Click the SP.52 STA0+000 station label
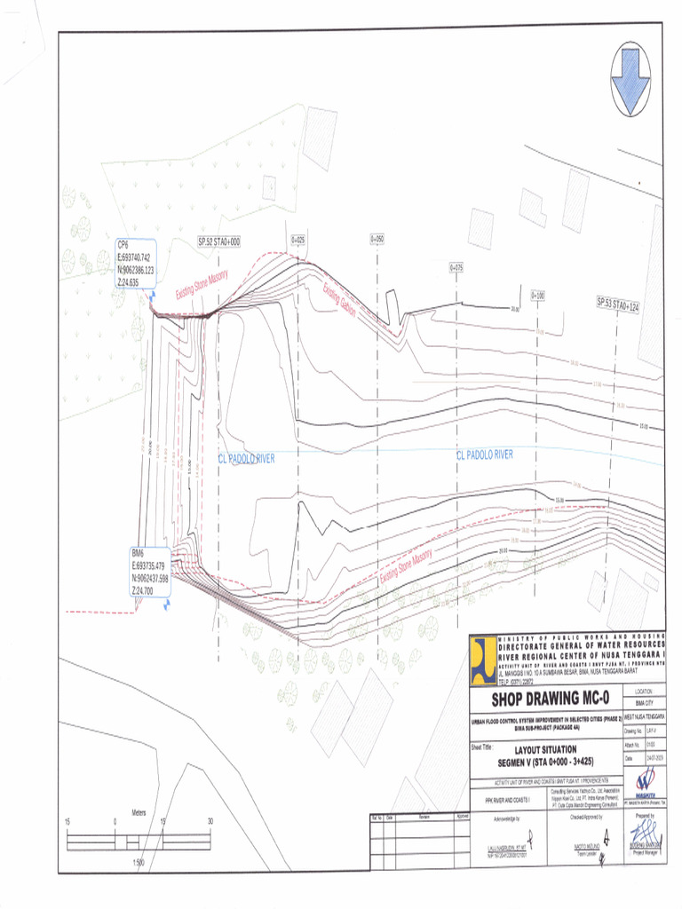pos(219,241)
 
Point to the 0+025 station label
pos(298,241)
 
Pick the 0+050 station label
pos(377,240)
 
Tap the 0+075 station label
pos(457,266)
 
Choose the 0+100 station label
pos(537,295)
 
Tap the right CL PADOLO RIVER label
pos(484,454)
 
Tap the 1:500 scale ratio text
pos(139,863)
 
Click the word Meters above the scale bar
pos(139,813)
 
